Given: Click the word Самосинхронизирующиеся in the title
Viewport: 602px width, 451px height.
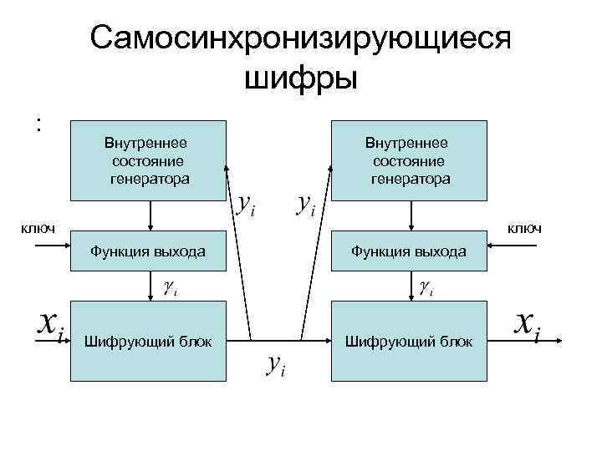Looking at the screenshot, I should (x=300, y=38).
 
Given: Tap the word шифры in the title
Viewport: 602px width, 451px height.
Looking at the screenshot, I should (x=300, y=79).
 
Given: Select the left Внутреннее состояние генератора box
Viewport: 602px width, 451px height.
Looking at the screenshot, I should (x=149, y=161).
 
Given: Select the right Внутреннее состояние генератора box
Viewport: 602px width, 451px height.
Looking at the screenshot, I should (x=409, y=161).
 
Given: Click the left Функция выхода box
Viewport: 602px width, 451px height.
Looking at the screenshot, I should (x=149, y=251).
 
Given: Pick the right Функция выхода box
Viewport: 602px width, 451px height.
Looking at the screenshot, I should (x=409, y=251).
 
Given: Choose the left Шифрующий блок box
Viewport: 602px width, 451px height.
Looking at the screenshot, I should (x=149, y=340).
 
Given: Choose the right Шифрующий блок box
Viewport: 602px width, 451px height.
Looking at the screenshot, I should (x=409, y=340).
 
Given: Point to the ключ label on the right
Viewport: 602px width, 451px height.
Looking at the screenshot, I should (x=524, y=227).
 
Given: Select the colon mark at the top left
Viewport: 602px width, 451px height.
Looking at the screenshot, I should (x=38, y=125).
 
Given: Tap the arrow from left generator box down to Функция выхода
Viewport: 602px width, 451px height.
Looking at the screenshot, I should (x=150, y=215).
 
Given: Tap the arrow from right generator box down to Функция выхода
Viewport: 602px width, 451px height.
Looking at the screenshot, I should (x=410, y=215).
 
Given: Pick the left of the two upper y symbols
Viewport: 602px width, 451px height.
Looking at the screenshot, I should (x=243, y=203).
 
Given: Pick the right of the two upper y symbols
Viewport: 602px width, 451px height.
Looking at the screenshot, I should (x=306, y=203).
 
